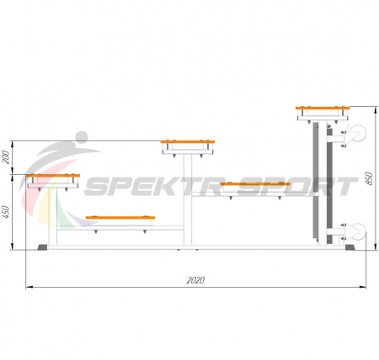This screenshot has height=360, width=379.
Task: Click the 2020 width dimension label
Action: pyautogui.click(x=195, y=280)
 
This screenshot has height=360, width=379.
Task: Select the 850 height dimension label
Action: pyautogui.click(x=370, y=178)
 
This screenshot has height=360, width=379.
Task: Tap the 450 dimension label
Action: pyautogui.click(x=6, y=212)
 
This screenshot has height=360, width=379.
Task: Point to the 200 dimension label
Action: pyautogui.click(x=6, y=157)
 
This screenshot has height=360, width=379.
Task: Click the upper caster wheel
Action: pyautogui.click(x=358, y=134)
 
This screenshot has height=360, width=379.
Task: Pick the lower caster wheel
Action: pyautogui.click(x=358, y=232)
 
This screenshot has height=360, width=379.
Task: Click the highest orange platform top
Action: pyautogui.click(x=323, y=108)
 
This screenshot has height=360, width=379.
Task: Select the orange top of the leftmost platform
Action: pyautogui.click(x=53, y=176)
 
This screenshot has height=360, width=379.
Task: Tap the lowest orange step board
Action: pyautogui.click(x=120, y=218)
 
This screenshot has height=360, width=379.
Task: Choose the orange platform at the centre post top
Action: pyautogui.click(x=188, y=142)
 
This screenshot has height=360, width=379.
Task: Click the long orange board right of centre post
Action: pyautogui.click(x=255, y=184)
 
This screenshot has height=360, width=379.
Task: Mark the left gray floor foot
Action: pyautogui.click(x=42, y=247)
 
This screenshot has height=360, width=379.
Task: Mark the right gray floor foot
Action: pyautogui.click(x=350, y=247)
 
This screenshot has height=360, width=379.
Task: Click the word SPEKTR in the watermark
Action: pyautogui.click(x=155, y=187)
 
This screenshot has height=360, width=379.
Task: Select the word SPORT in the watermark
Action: pyautogui.click(x=297, y=187)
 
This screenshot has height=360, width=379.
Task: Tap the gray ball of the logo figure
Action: pyautogui.click(x=82, y=137)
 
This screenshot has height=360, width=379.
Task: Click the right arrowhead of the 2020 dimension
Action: pyautogui.click(x=364, y=287)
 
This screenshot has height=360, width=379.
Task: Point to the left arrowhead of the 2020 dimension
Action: pyautogui.click(x=29, y=287)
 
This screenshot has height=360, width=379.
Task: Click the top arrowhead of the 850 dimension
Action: pyautogui.click(x=376, y=109)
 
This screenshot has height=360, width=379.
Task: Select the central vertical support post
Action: pyautogui.click(x=188, y=199)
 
